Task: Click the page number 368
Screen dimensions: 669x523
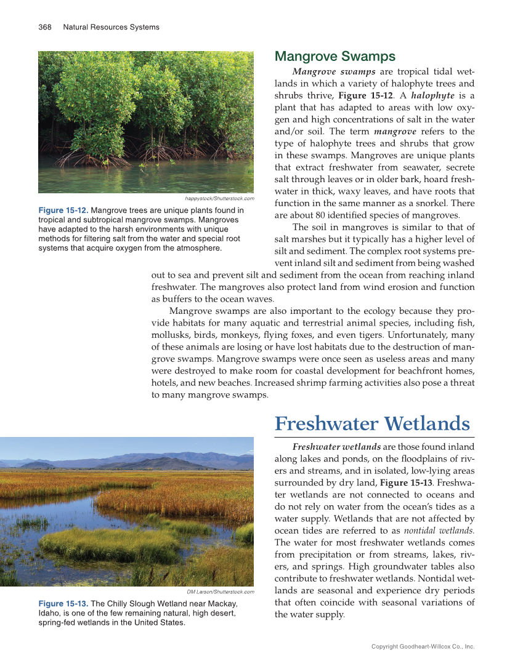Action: click(x=44, y=27)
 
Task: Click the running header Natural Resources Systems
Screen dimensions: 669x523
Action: click(x=111, y=27)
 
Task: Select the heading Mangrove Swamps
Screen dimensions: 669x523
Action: click(x=334, y=57)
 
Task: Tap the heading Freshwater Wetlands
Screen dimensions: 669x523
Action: click(x=372, y=423)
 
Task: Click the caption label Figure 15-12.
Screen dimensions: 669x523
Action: click(x=63, y=210)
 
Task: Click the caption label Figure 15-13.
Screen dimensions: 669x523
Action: click(x=63, y=603)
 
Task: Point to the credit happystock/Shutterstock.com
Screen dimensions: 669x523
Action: click(x=219, y=199)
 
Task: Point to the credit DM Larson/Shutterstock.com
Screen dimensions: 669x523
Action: click(x=221, y=592)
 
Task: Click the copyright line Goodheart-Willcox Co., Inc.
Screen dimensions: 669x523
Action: click(x=423, y=647)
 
